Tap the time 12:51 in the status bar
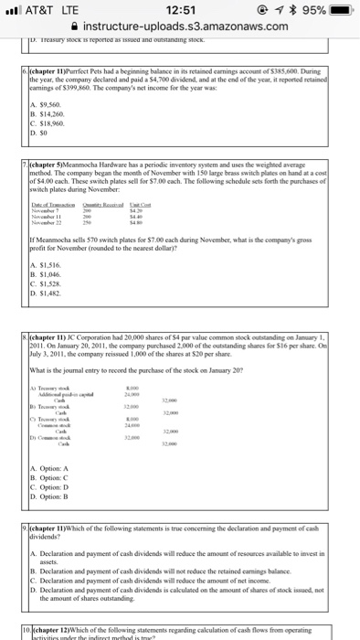(179, 9)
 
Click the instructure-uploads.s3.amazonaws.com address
(187, 27)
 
